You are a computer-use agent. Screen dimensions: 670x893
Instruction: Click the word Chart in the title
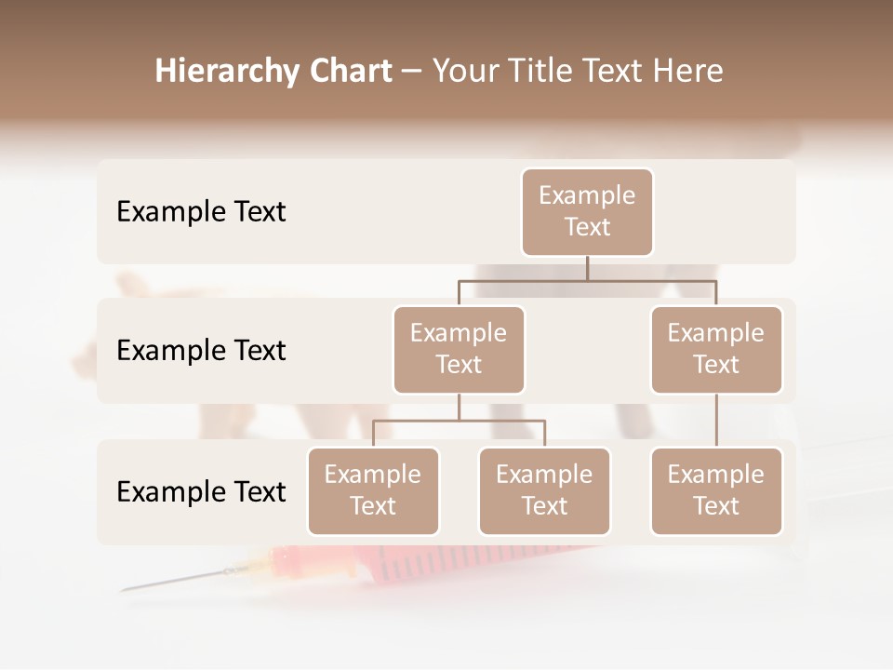pos(350,72)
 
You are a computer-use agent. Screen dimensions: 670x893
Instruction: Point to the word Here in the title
pos(688,72)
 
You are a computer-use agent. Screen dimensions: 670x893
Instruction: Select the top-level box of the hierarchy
pos(587,211)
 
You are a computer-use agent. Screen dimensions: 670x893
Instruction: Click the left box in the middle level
pos(459,349)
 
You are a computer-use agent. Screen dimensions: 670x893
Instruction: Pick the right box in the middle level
pos(716,349)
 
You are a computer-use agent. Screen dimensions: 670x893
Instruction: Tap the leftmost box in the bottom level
pos(373,490)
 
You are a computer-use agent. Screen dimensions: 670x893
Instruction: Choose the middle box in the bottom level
pos(544,490)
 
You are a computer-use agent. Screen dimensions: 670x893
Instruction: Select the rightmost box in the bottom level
pos(716,490)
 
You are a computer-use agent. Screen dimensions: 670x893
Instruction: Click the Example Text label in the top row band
pos(201,211)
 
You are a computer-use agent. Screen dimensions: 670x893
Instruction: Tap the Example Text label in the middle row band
pos(201,350)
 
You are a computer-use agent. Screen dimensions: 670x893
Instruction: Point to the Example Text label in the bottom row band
pos(201,491)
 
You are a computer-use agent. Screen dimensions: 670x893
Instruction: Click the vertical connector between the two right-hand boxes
pos(716,421)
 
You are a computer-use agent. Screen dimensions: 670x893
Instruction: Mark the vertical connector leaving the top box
pos(587,268)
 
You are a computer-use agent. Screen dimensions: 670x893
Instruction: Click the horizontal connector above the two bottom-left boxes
pos(459,421)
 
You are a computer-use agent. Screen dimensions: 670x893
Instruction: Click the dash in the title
pos(412,72)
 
